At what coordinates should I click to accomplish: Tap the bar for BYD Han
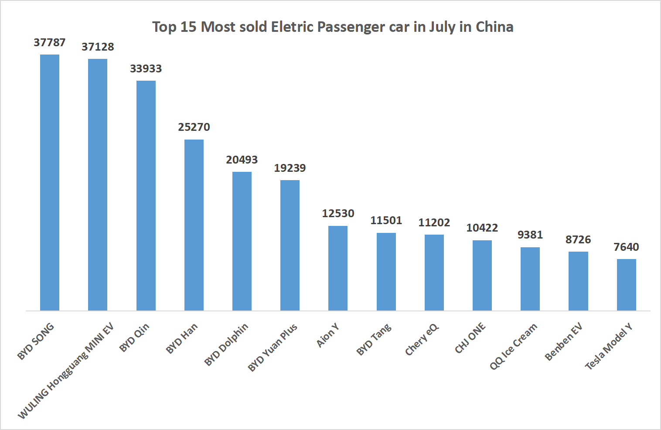coord(194,225)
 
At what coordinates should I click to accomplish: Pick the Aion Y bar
coord(338,268)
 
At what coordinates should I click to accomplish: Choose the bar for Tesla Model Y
coord(626,285)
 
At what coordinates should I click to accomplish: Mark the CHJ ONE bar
coord(482,275)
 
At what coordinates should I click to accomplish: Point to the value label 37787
coord(50,43)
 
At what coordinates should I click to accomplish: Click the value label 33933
coord(146,69)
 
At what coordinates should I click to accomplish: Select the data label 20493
coord(242,160)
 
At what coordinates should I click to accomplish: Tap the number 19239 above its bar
coord(290,168)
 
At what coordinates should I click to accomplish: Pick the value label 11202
coord(434,223)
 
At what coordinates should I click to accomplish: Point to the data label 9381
coord(530,235)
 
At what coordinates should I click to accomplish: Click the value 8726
coord(578,240)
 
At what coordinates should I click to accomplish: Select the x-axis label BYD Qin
coord(135,338)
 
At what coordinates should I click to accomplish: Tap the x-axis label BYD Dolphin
coord(226,345)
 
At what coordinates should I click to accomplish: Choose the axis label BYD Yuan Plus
coord(273,348)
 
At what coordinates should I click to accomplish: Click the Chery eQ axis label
coord(422,340)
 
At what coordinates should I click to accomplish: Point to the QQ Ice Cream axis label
coord(513,347)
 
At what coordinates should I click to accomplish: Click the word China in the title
coord(494,27)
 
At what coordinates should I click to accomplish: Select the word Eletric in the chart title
coord(292,27)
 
